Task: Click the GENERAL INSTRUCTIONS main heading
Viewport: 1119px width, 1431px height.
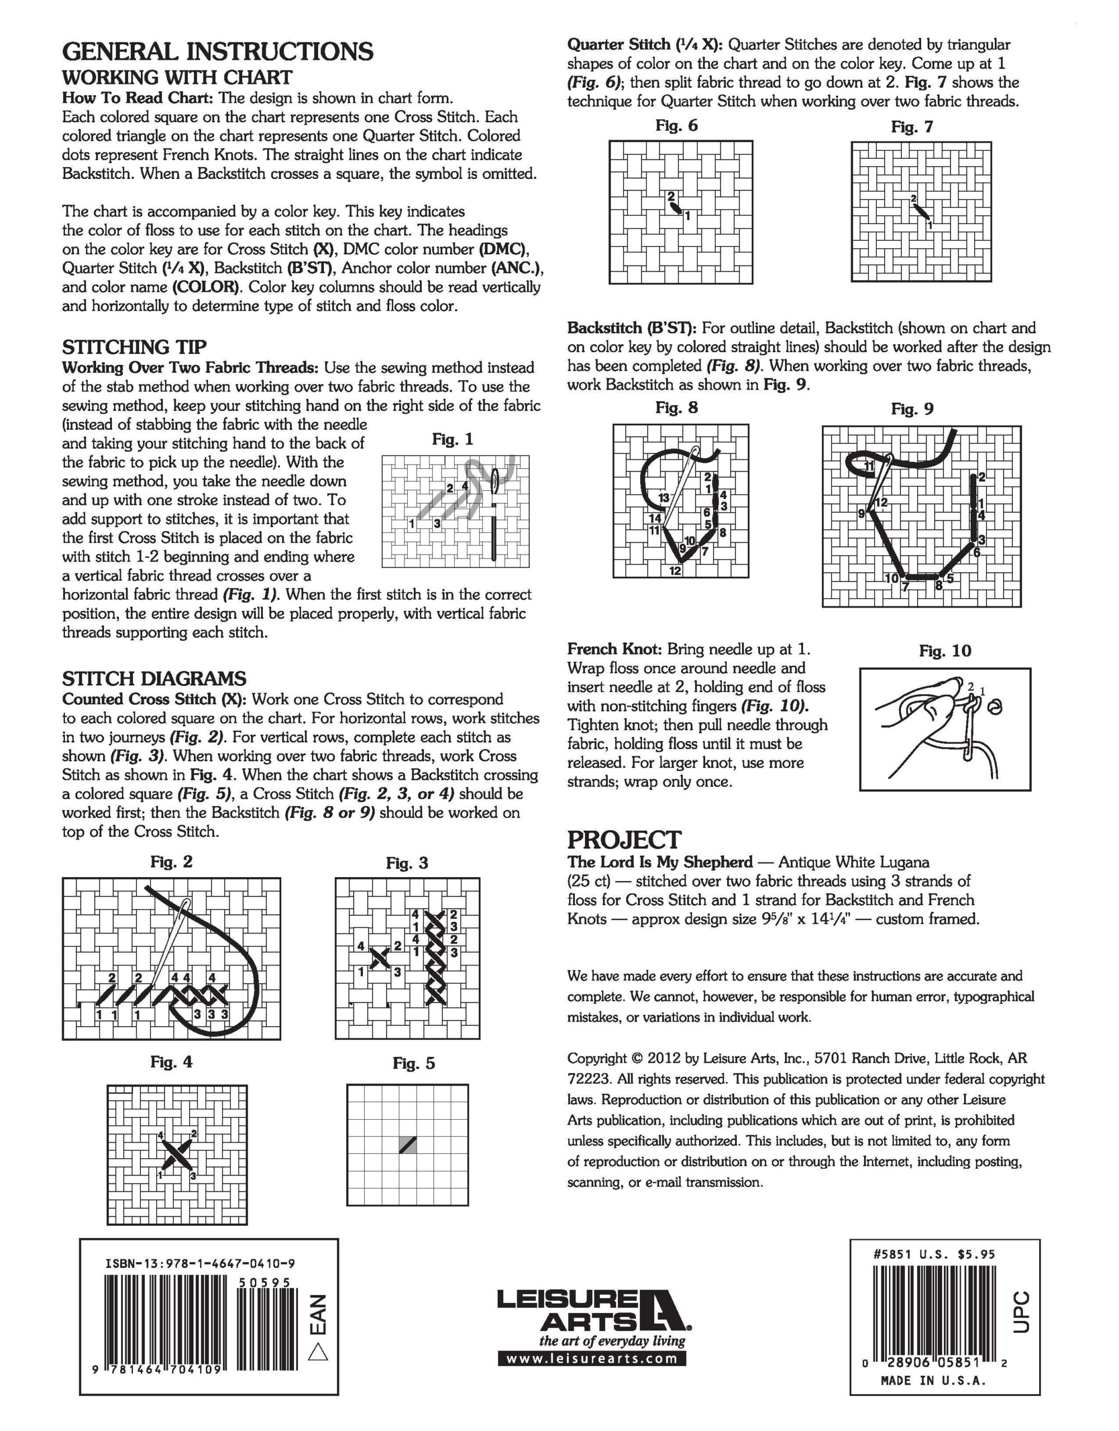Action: (218, 51)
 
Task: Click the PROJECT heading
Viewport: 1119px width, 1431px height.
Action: (624, 840)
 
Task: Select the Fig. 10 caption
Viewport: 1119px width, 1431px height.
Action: (945, 651)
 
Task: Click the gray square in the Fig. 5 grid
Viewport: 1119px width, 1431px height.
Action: (408, 1145)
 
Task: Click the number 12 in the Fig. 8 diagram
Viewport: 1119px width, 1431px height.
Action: (675, 571)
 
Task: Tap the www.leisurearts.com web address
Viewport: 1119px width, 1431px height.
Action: (592, 1358)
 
